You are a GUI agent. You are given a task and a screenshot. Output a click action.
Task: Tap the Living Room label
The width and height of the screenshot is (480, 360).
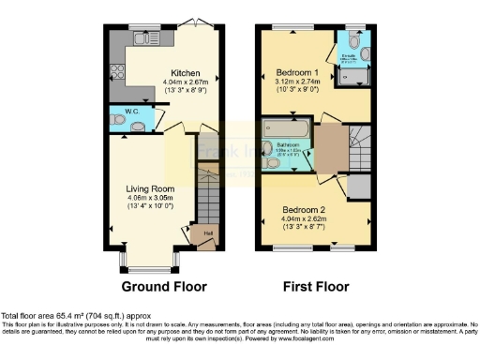coord(151,187)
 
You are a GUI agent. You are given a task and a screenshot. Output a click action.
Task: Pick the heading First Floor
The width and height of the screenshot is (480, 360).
coord(317,286)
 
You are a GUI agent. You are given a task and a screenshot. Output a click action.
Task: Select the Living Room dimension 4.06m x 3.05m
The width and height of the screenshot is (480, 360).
coord(151,198)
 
